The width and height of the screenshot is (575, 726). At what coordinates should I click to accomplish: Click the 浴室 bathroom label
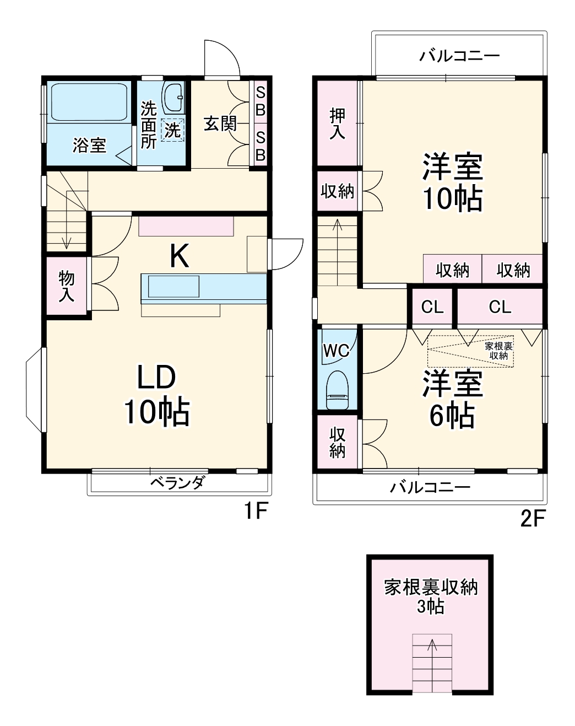pos(89,146)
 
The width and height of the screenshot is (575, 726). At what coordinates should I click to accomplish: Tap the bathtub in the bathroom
pos(88,101)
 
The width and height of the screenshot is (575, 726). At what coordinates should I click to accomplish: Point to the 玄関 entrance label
pos(220,123)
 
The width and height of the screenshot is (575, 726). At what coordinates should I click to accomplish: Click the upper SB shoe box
pos(260,101)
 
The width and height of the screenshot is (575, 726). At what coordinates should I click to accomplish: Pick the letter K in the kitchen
pos(179,256)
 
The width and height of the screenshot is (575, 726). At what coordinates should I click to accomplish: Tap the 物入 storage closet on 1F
pos(67,286)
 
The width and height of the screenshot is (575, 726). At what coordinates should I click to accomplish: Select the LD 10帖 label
pos(156,395)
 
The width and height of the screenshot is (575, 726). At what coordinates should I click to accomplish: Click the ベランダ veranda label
pos(177,483)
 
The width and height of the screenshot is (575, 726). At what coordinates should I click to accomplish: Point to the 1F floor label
pos(256,512)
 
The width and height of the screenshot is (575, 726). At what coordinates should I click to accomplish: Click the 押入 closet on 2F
pos(337,123)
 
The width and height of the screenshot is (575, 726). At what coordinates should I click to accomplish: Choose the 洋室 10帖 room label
pos(452,182)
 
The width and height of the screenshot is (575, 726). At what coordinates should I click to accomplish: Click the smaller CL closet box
pos(432,307)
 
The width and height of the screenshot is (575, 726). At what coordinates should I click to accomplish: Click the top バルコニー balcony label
pos(459,56)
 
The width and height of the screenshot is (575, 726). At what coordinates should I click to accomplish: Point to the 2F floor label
pos(533,519)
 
